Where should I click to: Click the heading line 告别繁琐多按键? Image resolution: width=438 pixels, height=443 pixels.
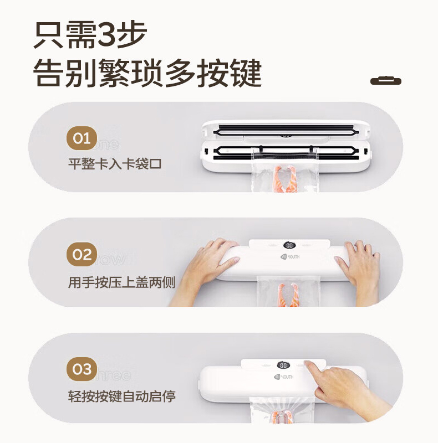[x=147, y=73]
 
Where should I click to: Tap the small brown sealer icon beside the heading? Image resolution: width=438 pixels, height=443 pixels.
[x=385, y=81]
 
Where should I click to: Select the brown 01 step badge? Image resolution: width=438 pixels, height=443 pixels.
[x=82, y=138]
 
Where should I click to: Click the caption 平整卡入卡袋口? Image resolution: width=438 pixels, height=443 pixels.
[x=115, y=164]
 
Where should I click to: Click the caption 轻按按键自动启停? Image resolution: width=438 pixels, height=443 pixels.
[x=121, y=396]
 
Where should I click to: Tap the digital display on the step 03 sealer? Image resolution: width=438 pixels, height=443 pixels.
[x=283, y=365]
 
